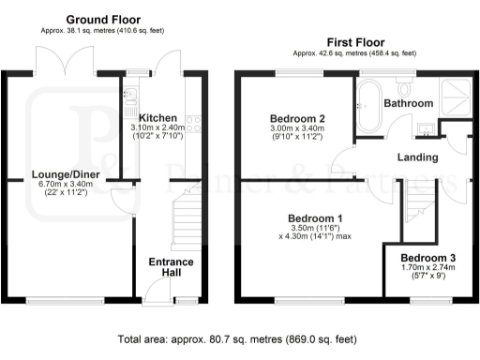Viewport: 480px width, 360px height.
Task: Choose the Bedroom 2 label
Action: click(x=296, y=118)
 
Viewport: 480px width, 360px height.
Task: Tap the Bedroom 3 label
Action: click(x=427, y=257)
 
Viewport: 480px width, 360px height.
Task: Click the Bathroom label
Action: click(x=412, y=103)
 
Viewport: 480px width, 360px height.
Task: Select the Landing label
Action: click(x=417, y=157)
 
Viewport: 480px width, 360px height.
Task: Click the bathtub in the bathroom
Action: click(x=366, y=104)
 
